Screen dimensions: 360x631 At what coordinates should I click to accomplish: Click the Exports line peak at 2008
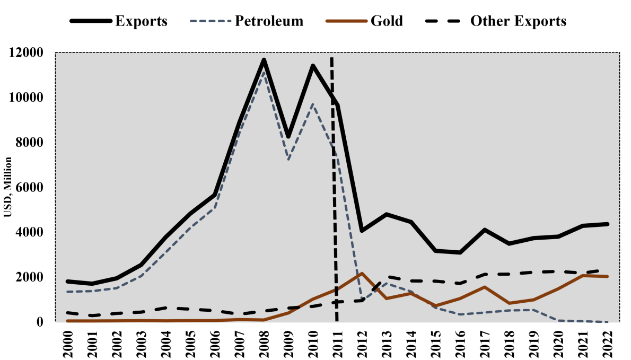264,59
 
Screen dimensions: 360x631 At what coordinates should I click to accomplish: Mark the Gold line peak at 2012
362,274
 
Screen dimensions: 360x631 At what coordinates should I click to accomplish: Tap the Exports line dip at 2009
288,137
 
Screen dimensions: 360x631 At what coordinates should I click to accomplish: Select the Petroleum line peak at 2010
313,104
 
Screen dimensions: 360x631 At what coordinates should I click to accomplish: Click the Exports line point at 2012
362,231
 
